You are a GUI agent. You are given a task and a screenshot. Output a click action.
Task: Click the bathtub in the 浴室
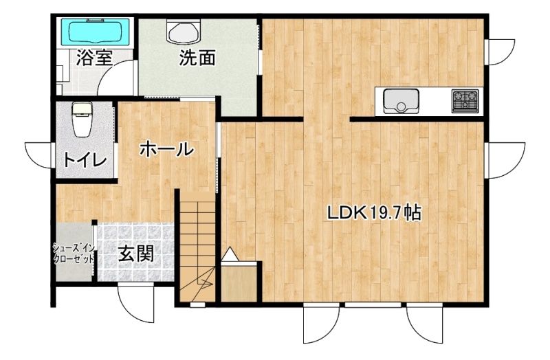pos(96,32)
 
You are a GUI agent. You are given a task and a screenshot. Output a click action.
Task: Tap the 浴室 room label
pos(94,58)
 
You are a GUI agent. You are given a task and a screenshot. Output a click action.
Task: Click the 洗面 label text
pos(197,58)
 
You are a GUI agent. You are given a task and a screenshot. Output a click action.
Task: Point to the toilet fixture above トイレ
pos(82,119)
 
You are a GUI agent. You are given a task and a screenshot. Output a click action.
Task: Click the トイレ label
pos(85,160)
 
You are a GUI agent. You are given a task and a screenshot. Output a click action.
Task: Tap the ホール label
pos(166,150)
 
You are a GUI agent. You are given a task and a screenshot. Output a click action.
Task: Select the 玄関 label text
pos(135,254)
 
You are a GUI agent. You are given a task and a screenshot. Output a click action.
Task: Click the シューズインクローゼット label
pos(74,254)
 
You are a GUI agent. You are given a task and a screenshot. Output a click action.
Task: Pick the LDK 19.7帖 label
pos(374,213)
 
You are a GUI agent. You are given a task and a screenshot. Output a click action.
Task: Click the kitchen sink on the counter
pos(401,101)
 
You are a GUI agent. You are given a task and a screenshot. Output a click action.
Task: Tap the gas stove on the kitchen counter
pos(465,101)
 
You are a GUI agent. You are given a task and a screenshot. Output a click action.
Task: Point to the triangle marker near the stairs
pos(230,254)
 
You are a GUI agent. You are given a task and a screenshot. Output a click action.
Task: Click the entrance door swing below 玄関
pos(135,302)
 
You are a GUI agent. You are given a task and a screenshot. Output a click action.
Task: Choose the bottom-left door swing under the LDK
pos(321,324)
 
